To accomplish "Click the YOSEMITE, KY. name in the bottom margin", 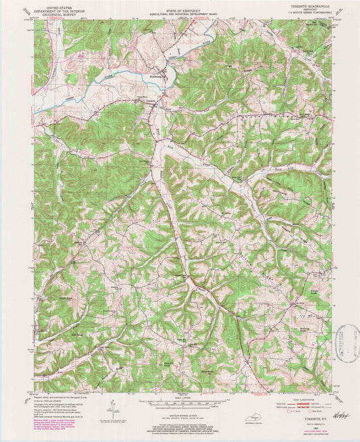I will click(x=311, y=401).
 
